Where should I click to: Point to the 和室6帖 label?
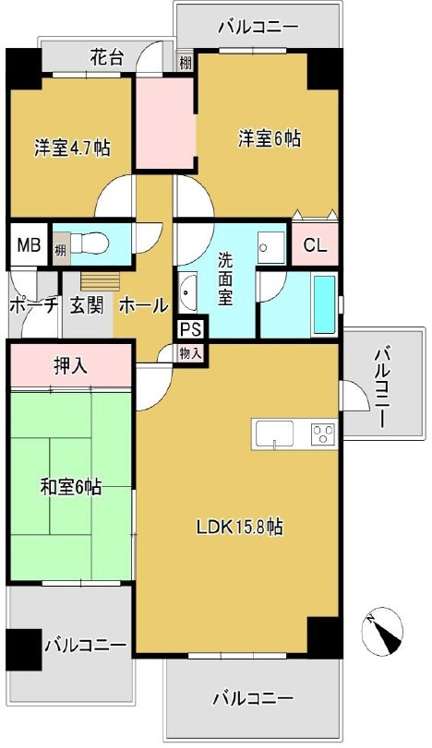[71, 486]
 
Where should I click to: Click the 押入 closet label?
[70, 365]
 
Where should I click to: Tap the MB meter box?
[28, 245]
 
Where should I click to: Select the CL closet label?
[315, 246]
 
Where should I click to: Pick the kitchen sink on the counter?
[275, 432]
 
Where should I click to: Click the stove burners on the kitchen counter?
[323, 432]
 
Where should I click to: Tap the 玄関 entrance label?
[86, 305]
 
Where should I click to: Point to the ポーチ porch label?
[33, 305]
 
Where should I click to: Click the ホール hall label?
[144, 305]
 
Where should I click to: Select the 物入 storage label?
[191, 351]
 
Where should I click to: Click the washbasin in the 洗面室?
[188, 295]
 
